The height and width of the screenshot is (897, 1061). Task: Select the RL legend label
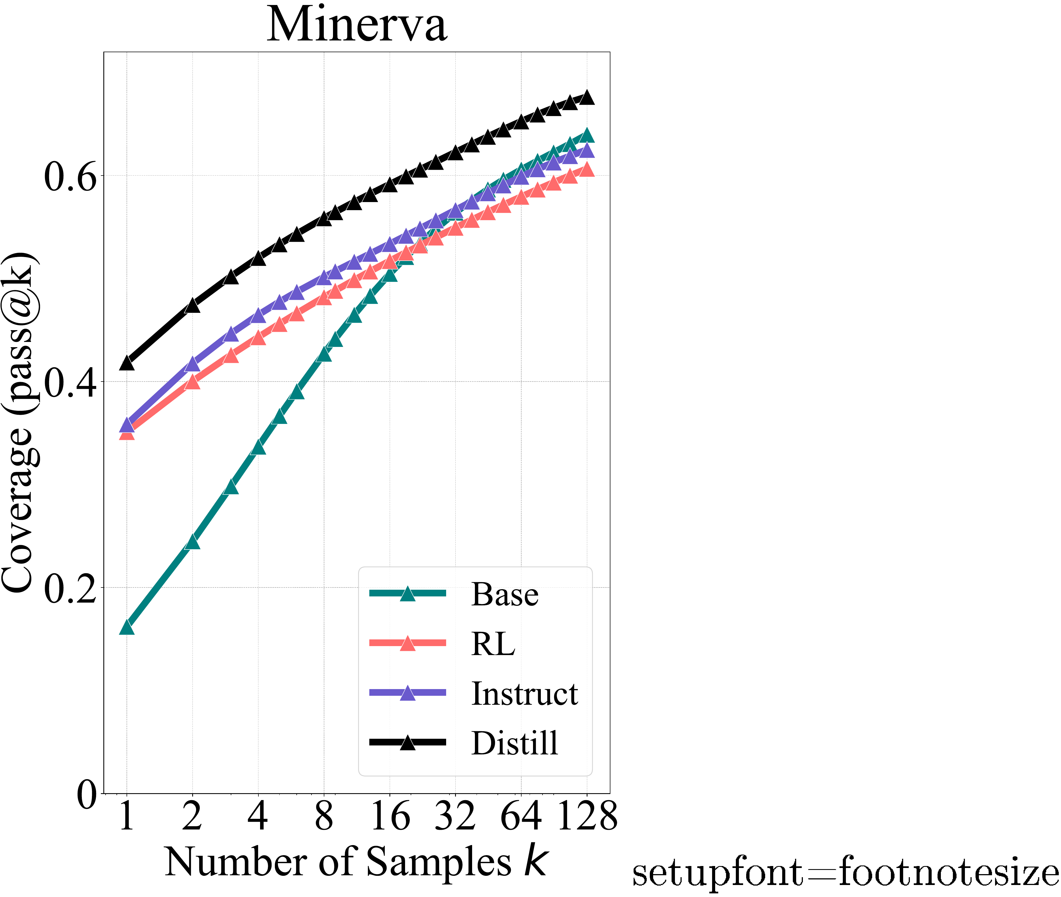(493, 644)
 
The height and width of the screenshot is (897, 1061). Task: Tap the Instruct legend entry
(524, 694)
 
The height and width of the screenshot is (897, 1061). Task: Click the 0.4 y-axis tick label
(70, 383)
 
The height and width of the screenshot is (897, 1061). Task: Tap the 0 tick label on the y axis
(87, 795)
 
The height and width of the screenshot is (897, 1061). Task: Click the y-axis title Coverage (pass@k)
(19, 422)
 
